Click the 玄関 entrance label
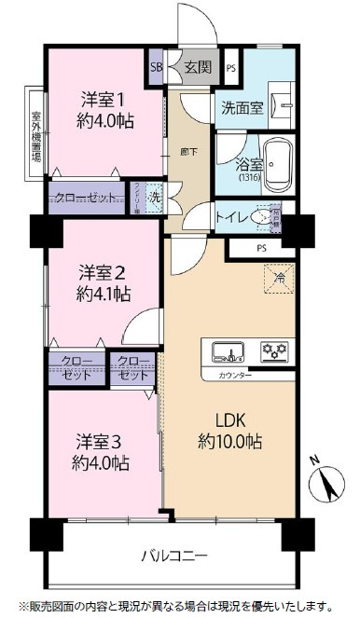click(x=197, y=67)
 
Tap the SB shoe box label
click(x=156, y=67)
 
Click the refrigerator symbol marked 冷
click(x=276, y=276)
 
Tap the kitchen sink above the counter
click(x=228, y=351)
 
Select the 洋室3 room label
click(x=99, y=441)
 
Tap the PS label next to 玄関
click(x=230, y=67)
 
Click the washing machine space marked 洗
click(x=156, y=198)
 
